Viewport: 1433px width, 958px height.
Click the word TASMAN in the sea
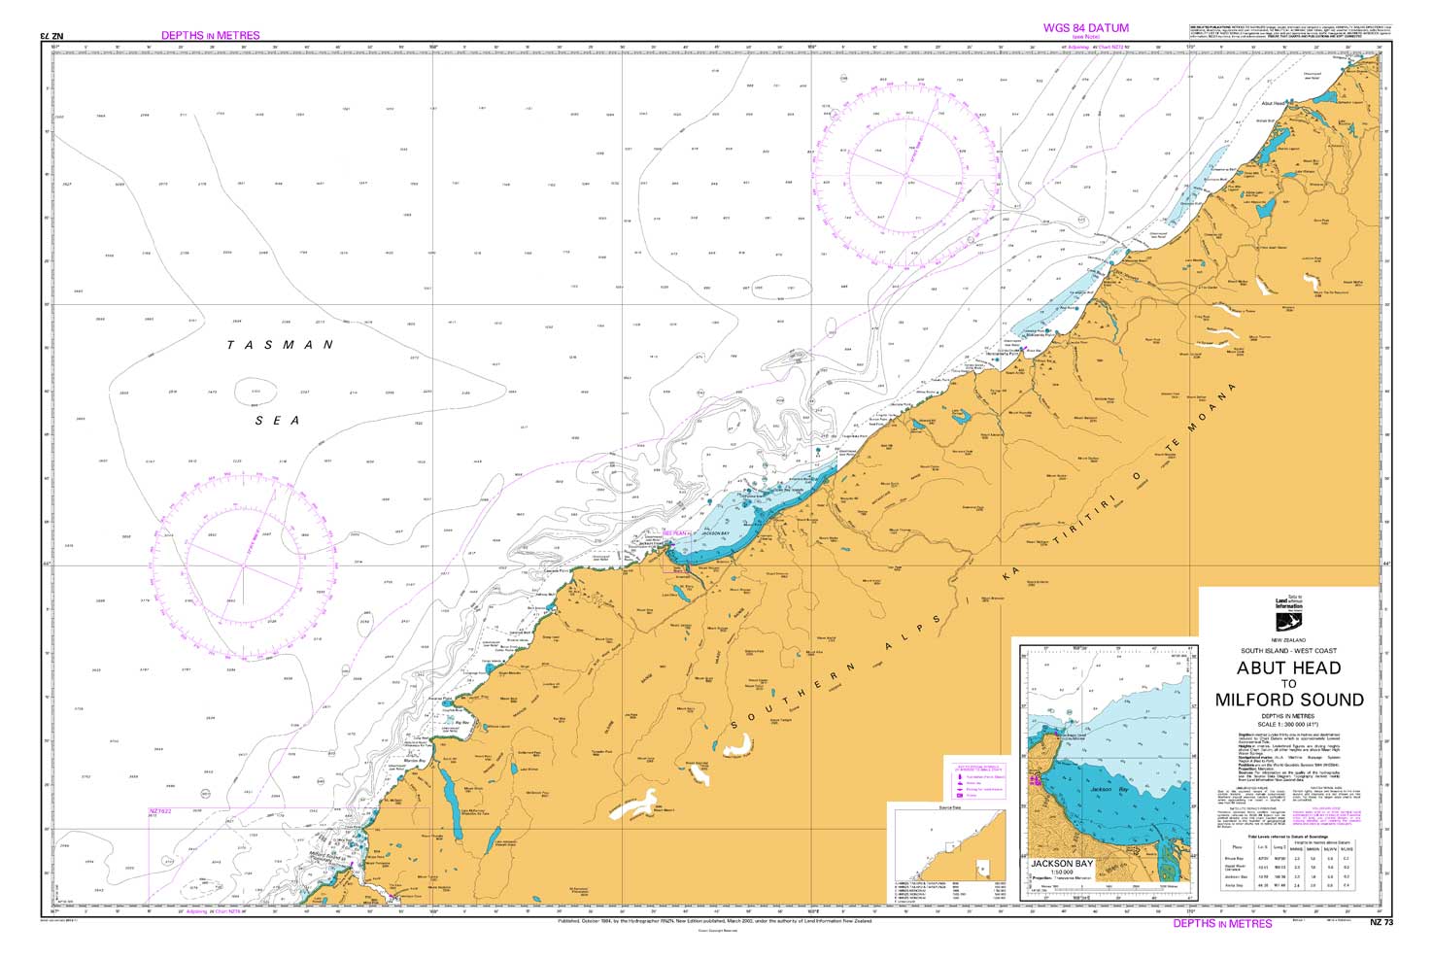pos(280,345)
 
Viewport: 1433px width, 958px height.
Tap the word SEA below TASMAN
pos(278,421)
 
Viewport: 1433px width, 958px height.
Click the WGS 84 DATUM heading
pos(1085,28)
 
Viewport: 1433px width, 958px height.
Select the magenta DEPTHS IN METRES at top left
pos(211,35)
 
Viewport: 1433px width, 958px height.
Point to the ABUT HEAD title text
pos(1288,667)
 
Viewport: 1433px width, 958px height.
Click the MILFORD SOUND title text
pos(1289,700)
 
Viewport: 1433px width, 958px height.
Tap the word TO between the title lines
pos(1288,684)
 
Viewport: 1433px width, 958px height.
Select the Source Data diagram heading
pos(937,806)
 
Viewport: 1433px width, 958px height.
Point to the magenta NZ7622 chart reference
pos(160,811)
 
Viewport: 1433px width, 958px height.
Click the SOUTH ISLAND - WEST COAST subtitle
pos(1288,650)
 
